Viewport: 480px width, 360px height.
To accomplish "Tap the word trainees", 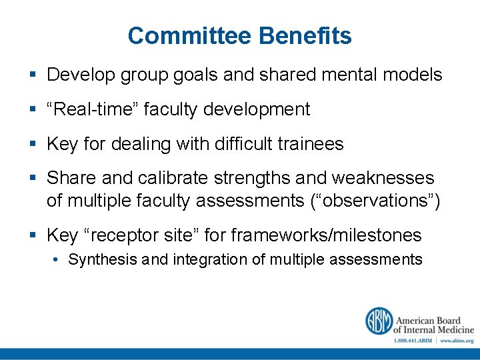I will [x=311, y=144].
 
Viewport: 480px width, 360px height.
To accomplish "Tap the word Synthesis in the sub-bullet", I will [x=102, y=260].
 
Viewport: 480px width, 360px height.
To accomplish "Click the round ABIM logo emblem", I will [x=378, y=321].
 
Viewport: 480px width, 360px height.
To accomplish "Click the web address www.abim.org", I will [x=457, y=340].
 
